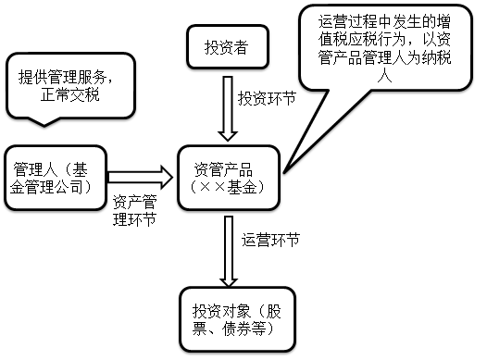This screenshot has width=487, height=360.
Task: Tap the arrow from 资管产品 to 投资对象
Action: tap(226, 248)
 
